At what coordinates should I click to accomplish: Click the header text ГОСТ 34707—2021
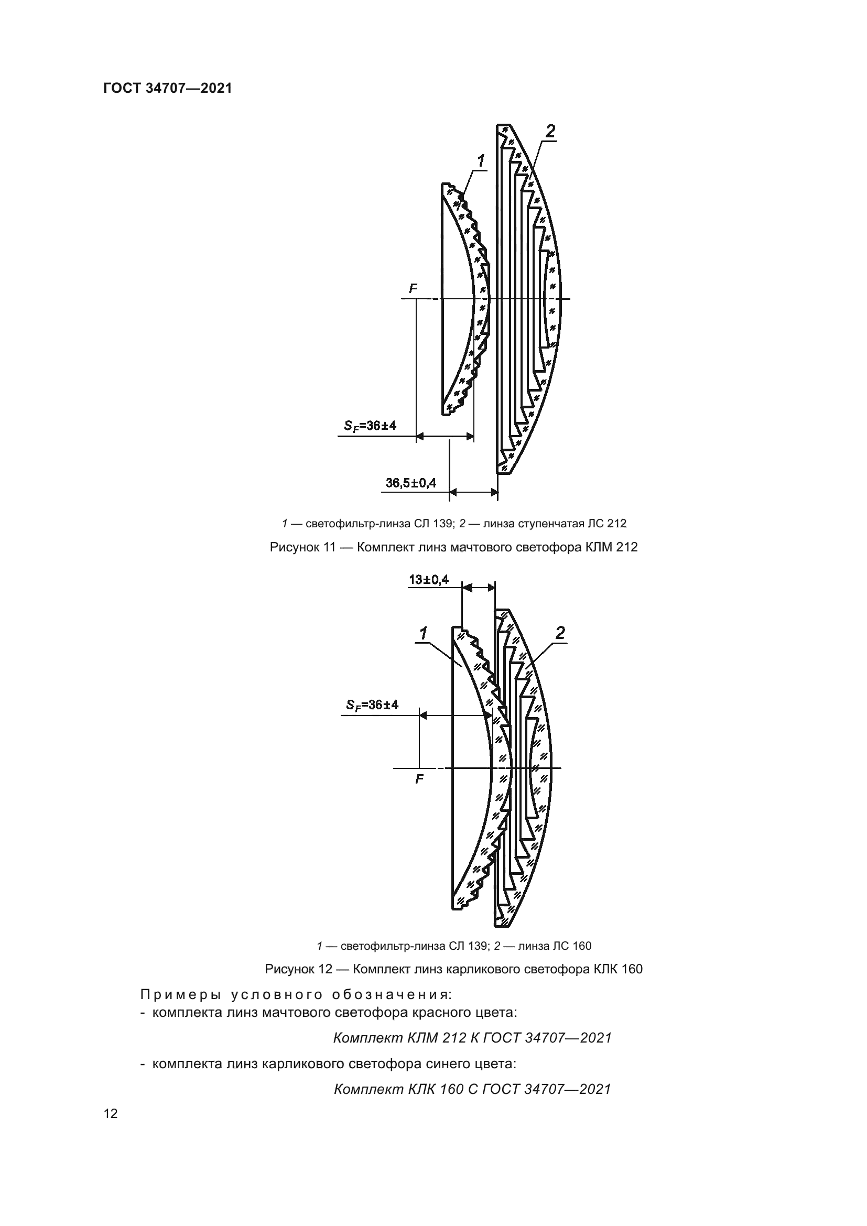[168, 89]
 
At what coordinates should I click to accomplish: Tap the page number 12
[111, 1113]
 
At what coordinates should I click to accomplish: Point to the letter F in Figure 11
[413, 289]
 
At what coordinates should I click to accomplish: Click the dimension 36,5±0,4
[410, 483]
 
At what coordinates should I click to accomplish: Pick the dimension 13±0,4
[429, 579]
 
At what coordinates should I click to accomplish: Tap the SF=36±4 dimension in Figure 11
[370, 426]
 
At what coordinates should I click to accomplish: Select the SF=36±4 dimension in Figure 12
[372, 705]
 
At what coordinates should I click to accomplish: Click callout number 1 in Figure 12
[424, 634]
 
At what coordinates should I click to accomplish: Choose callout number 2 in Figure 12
[560, 633]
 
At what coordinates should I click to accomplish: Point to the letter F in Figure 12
[419, 779]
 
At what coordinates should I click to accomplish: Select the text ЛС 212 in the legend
[607, 524]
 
